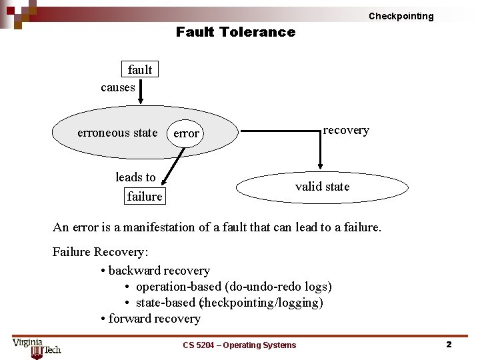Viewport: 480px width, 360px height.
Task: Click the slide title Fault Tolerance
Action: pyautogui.click(x=235, y=32)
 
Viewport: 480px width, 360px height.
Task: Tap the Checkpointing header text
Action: pyautogui.click(x=401, y=16)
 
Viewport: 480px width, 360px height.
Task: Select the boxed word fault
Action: pyautogui.click(x=140, y=69)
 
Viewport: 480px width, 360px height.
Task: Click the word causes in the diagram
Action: pyautogui.click(x=118, y=87)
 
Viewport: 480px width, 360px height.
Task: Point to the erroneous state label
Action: pyautogui.click(x=117, y=133)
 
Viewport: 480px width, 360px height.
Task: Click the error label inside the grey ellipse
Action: pyautogui.click(x=186, y=133)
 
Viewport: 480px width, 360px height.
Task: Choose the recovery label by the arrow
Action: pyautogui.click(x=346, y=130)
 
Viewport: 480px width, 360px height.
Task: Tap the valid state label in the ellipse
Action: pyautogui.click(x=322, y=187)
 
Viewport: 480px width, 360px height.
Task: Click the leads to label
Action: pyautogui.click(x=135, y=177)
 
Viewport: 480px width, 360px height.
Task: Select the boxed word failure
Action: pyautogui.click(x=145, y=196)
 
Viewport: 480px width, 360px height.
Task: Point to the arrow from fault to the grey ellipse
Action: pyautogui.click(x=140, y=90)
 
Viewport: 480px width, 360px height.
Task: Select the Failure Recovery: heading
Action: pyautogui.click(x=101, y=252)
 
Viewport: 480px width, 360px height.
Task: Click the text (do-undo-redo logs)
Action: pyautogui.click(x=278, y=287)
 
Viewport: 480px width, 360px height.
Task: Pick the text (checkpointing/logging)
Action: pyautogui.click(x=261, y=303)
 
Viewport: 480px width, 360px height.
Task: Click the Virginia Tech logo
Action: pyautogui.click(x=36, y=346)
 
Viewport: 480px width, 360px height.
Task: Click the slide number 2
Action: pyautogui.click(x=449, y=345)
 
